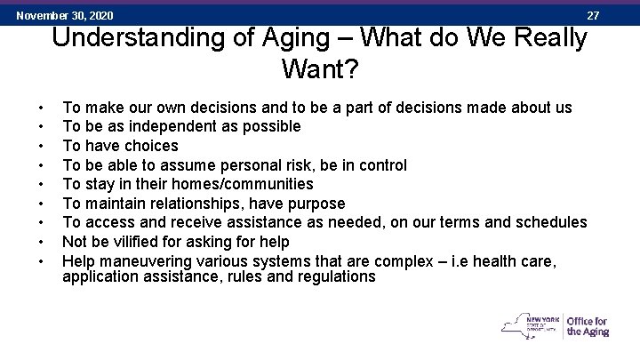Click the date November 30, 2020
coord(65,15)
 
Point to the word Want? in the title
coord(320,68)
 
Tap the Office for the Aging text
coord(587,326)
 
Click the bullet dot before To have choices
coord(42,146)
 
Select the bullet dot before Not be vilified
coord(42,242)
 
